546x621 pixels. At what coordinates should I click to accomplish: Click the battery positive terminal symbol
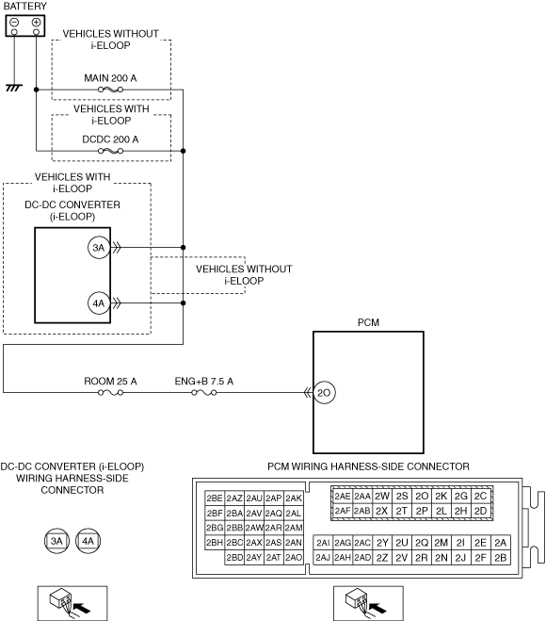click(36, 23)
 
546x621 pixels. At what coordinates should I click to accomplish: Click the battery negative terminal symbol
click(14, 23)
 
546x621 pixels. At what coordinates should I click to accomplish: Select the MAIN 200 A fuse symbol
click(110, 90)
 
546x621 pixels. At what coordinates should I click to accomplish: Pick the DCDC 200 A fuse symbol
click(110, 151)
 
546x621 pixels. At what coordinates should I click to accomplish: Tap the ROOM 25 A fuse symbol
click(110, 392)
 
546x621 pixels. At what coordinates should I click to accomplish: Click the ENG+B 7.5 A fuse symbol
click(203, 392)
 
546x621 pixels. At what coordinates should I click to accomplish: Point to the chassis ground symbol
click(14, 88)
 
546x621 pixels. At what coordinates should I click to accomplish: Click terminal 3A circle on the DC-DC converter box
click(99, 248)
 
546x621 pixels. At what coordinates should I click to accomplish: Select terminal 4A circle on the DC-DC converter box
click(99, 303)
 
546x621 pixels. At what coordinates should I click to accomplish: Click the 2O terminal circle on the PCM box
click(324, 392)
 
